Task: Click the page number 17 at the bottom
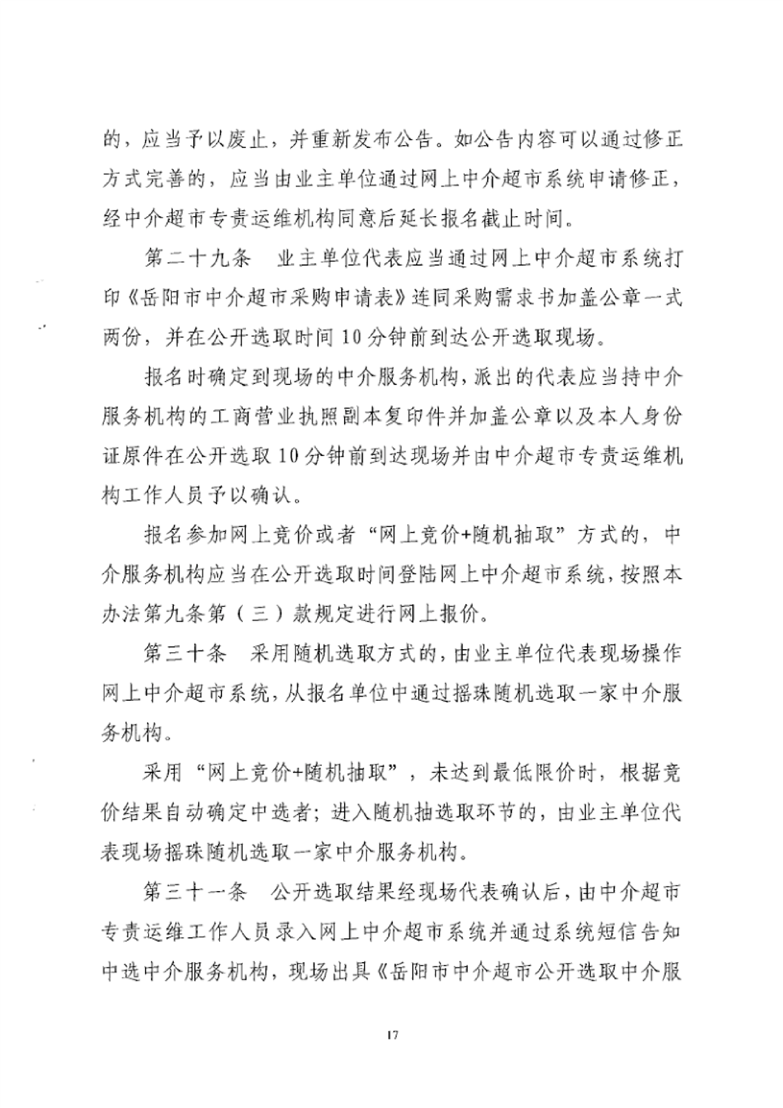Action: click(x=392, y=1034)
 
